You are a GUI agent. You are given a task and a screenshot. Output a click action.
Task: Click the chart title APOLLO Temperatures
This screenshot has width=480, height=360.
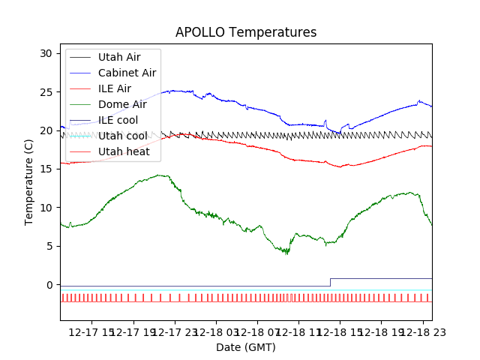[246, 33]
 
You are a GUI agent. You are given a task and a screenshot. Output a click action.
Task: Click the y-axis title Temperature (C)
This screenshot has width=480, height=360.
[29, 182]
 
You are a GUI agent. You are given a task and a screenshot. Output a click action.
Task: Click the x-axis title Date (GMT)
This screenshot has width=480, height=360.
[246, 347]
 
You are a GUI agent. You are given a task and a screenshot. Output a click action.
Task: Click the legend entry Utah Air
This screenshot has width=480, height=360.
[118, 57]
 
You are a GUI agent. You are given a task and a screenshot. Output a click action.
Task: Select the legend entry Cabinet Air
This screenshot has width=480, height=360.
[127, 73]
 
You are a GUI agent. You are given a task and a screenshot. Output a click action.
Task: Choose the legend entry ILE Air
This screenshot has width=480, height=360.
[114, 88]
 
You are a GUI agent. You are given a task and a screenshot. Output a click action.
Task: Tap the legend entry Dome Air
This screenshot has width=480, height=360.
[122, 104]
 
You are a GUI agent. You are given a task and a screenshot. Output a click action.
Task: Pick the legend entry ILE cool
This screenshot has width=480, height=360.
[118, 120]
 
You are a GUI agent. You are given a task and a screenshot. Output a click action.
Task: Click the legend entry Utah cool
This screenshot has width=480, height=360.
[121, 136]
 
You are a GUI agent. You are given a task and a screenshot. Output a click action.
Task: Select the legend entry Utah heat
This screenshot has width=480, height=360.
[124, 151]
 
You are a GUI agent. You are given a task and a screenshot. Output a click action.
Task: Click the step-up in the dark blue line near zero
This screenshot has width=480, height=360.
[330, 283]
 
